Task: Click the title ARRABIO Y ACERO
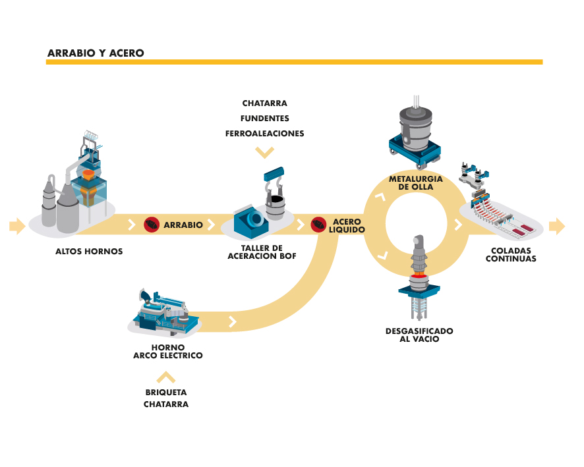tap(96, 53)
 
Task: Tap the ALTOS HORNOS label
tap(89, 251)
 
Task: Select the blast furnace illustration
tap(76, 181)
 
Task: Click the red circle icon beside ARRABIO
tap(152, 225)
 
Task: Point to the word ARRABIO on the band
tap(183, 225)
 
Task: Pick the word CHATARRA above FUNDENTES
tap(264, 103)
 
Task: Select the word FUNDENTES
tap(264, 119)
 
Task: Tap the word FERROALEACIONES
tap(264, 134)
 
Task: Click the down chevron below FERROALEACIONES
tap(264, 153)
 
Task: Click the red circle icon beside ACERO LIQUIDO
tap(318, 225)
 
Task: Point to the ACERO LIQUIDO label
tap(347, 225)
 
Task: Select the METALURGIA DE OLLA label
tap(415, 182)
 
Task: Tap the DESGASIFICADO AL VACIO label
tap(419, 335)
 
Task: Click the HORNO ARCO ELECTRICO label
tap(167, 351)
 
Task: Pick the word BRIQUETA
tap(166, 393)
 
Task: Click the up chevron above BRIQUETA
tap(166, 377)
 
